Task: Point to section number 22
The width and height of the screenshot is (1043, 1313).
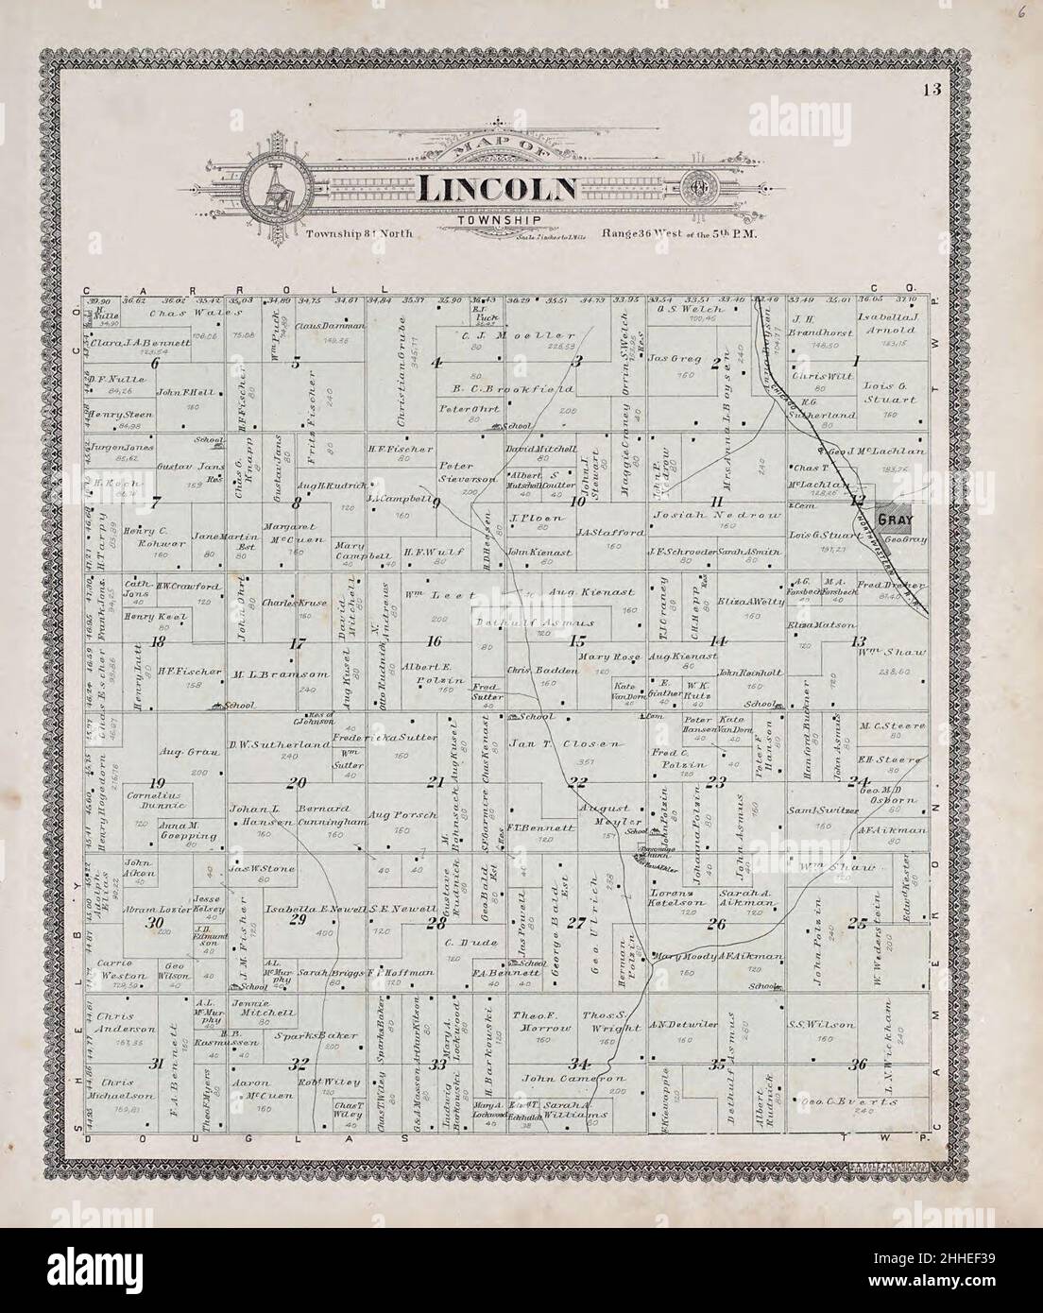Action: tap(576, 780)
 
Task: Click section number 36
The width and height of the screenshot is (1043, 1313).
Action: tap(858, 1065)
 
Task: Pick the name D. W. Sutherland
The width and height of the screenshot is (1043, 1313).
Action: tap(265, 745)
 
